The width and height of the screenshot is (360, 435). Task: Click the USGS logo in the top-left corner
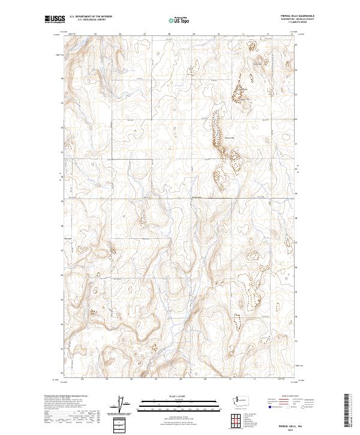[x=54, y=20]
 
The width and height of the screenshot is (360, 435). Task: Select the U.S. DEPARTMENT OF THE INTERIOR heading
[x=91, y=17]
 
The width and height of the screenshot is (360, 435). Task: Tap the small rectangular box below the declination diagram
[x=120, y=425]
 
